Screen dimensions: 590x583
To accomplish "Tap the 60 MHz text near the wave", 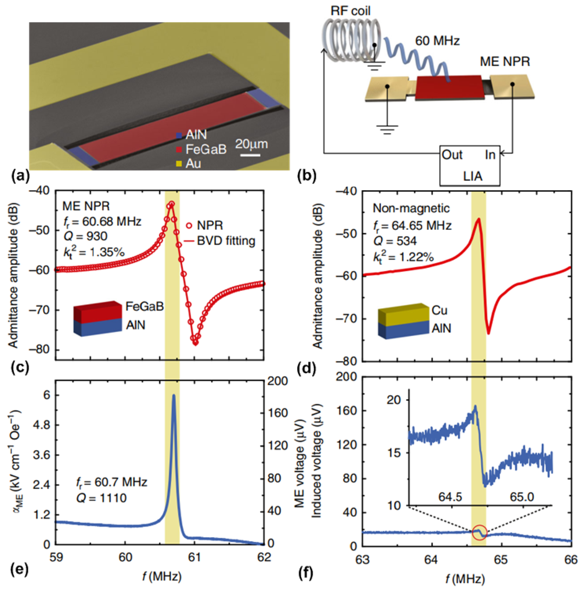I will click(x=437, y=41).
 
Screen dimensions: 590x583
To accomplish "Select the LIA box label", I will click(x=472, y=176).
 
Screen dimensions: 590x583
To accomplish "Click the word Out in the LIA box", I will click(x=452, y=155).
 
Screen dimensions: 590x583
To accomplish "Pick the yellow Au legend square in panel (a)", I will click(x=179, y=164).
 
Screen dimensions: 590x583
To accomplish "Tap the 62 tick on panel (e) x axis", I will click(x=264, y=557).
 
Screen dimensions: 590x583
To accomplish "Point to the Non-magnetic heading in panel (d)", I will click(x=411, y=208).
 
